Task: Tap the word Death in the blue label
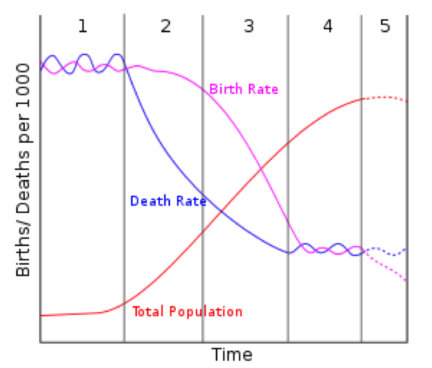[146, 201]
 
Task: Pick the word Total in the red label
[146, 311]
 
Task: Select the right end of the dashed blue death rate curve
[405, 247]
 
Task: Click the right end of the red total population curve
[407, 101]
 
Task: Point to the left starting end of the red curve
[42, 315]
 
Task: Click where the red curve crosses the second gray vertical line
[203, 231]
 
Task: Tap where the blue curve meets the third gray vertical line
[288, 252]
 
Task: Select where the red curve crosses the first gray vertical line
[124, 303]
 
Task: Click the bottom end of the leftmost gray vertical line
[124, 340]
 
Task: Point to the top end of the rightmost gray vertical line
[360, 14]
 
